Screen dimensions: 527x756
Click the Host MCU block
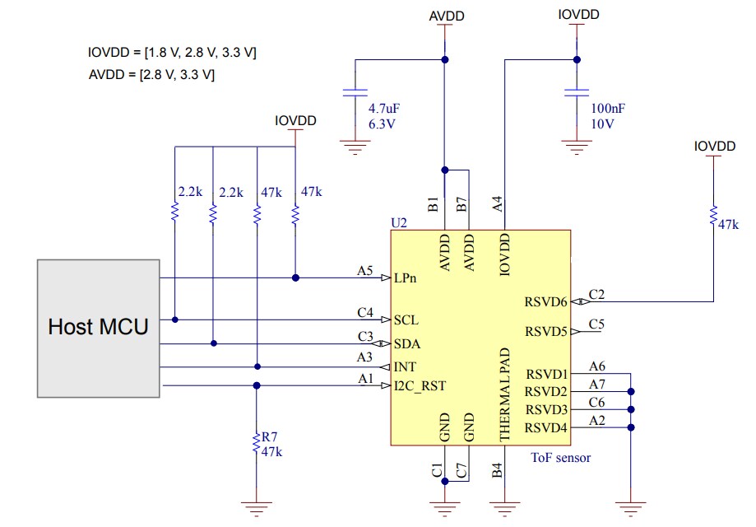[98, 327]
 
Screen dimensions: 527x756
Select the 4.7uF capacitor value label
[384, 109]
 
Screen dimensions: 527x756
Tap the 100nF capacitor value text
[608, 109]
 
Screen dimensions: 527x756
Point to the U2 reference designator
[400, 223]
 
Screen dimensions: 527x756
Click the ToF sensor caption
[561, 457]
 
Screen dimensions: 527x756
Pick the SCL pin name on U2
[406, 319]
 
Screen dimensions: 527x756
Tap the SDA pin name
[407, 343]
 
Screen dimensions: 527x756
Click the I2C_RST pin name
[420, 385]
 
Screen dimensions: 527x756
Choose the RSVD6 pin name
[545, 302]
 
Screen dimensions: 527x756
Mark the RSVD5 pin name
[545, 332]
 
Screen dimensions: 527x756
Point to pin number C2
[597, 294]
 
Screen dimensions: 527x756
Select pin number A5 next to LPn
[365, 269]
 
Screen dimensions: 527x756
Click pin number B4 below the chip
[497, 471]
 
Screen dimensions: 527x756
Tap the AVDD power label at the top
[445, 16]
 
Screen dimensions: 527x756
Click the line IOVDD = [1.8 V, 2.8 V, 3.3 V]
[172, 53]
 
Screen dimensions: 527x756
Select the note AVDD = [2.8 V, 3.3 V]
[151, 74]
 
